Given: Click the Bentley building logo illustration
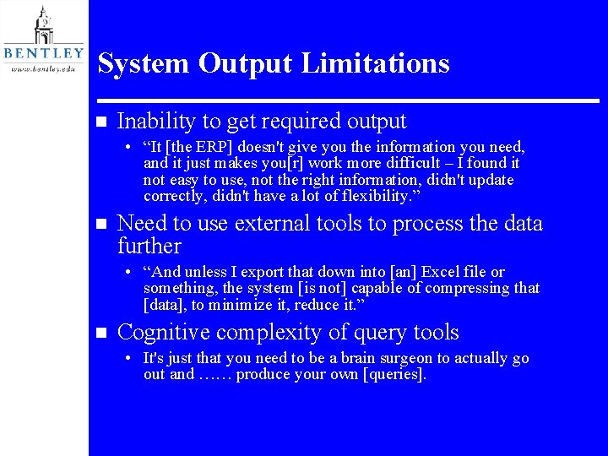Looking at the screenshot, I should [43, 24].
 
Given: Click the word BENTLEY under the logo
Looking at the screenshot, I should [43, 53].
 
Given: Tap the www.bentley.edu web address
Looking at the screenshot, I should [43, 69].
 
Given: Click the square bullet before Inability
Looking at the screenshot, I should [101, 122].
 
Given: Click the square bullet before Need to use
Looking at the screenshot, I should [101, 224].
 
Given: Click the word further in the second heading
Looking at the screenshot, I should [149, 246].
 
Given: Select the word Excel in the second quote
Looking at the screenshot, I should [441, 272].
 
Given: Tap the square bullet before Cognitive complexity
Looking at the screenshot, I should [101, 333].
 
